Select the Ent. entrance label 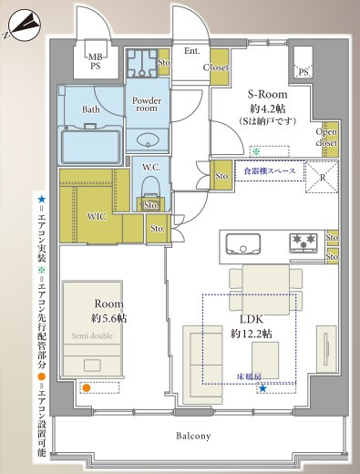pyautogui.click(x=192, y=51)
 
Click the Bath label pyautogui.click(x=91, y=109)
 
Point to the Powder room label pyautogui.click(x=146, y=104)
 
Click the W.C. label pyautogui.click(x=151, y=167)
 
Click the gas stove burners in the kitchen pyautogui.click(x=303, y=242)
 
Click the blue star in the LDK pyautogui.click(x=262, y=388)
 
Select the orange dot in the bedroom pyautogui.click(x=86, y=387)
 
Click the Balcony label pyautogui.click(x=194, y=436)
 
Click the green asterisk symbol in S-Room pyautogui.click(x=256, y=151)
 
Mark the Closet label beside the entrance pyautogui.click(x=215, y=67)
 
